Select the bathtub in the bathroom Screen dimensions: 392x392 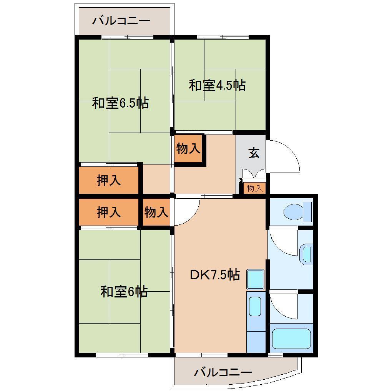[x=291, y=339]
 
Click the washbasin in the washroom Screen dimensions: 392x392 [x=307, y=254]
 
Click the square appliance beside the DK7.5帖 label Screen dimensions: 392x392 [x=255, y=279]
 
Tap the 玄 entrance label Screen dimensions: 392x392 [x=253, y=153]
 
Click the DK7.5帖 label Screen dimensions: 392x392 [x=215, y=275]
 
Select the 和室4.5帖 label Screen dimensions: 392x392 [x=217, y=85]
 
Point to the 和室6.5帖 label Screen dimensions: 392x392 [x=120, y=103]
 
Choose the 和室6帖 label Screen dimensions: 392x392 [x=124, y=292]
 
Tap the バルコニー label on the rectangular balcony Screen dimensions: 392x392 [x=121, y=20]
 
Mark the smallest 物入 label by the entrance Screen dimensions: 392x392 [x=254, y=188]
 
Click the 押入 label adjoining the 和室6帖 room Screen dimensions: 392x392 [x=109, y=212]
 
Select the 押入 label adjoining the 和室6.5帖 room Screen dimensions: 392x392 [x=109, y=180]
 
